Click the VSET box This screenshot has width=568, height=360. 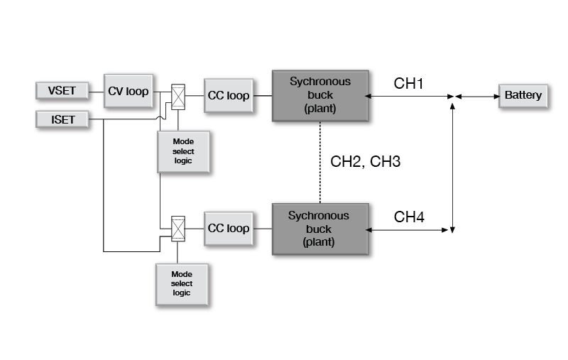(x=62, y=91)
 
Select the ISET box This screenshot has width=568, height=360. (x=62, y=119)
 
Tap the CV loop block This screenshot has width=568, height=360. (x=129, y=91)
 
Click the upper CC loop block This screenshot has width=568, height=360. (x=229, y=95)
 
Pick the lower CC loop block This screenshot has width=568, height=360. (x=229, y=229)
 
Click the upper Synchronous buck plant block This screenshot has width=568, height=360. (x=320, y=95)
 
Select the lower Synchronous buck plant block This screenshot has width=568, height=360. (x=320, y=228)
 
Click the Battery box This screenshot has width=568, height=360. (x=523, y=95)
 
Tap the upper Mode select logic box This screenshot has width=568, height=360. (x=183, y=151)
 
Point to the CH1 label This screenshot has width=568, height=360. (x=409, y=84)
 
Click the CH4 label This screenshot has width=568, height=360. (x=409, y=217)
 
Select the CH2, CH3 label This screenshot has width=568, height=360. (x=366, y=162)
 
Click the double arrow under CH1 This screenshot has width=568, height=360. (x=410, y=96)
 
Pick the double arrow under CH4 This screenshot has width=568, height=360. (x=410, y=229)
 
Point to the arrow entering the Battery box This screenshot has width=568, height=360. (x=477, y=96)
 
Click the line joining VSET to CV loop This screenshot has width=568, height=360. (x=97, y=91)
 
